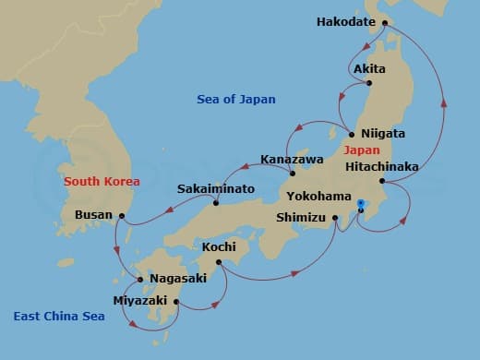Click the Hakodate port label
pos(348,21)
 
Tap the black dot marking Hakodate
pos(387,21)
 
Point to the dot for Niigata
pos(352,134)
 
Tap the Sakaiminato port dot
pos(216,203)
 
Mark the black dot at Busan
pos(122,218)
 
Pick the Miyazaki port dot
pos(175,301)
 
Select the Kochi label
pos(218,247)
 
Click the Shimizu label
pos(302,219)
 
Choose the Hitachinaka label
pos(381,167)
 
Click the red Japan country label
pos(360,150)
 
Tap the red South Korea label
pos(96,181)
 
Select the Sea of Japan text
pos(237,99)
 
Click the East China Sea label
pos(58,317)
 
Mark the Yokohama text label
pos(318,197)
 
